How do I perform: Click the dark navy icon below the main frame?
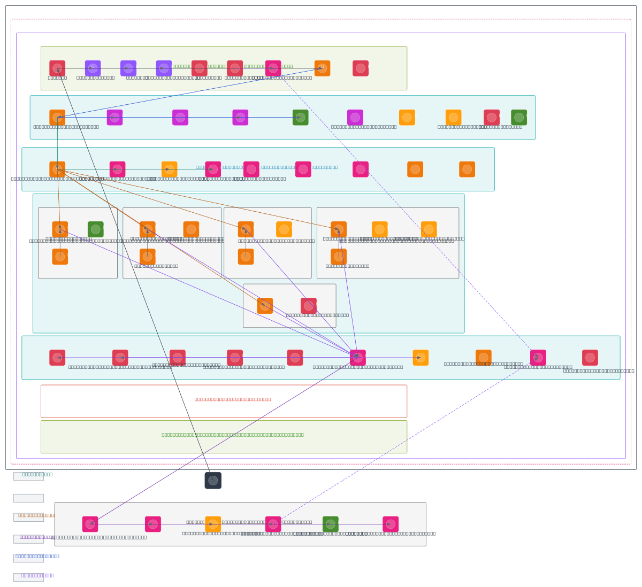pos(213,481)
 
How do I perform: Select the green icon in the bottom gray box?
pos(331,524)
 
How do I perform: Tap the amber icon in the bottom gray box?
pos(213,524)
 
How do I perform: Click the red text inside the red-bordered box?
pos(233,399)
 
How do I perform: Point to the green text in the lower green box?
pos(233,435)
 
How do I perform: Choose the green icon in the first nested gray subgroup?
pos(96,229)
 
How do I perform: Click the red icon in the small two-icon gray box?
pos(309,306)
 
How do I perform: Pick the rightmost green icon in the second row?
pos(519,118)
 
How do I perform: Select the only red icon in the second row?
pos(492,118)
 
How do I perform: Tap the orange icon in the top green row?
pos(322,68)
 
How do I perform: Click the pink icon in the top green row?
pos(273,68)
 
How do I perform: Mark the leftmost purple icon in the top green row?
pos(93,68)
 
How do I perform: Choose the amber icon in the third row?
pos(170,169)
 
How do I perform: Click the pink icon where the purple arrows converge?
pos(358,358)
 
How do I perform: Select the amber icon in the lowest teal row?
pos(421,358)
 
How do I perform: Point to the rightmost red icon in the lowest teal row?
pos(590,358)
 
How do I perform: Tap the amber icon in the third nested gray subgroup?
pos(284,229)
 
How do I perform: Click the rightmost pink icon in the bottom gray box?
pos(391,524)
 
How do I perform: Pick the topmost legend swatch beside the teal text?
pos(28,476)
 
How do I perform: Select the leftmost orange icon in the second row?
pos(57,118)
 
